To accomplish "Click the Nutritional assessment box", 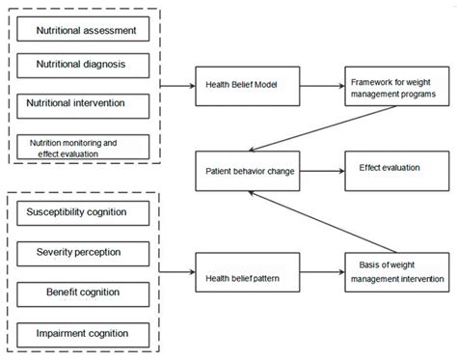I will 84,31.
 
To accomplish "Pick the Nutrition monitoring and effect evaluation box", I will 84,146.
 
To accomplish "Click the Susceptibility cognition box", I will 84,210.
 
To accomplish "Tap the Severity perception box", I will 84,253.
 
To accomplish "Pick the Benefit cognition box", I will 84,292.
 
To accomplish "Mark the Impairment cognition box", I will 84,334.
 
